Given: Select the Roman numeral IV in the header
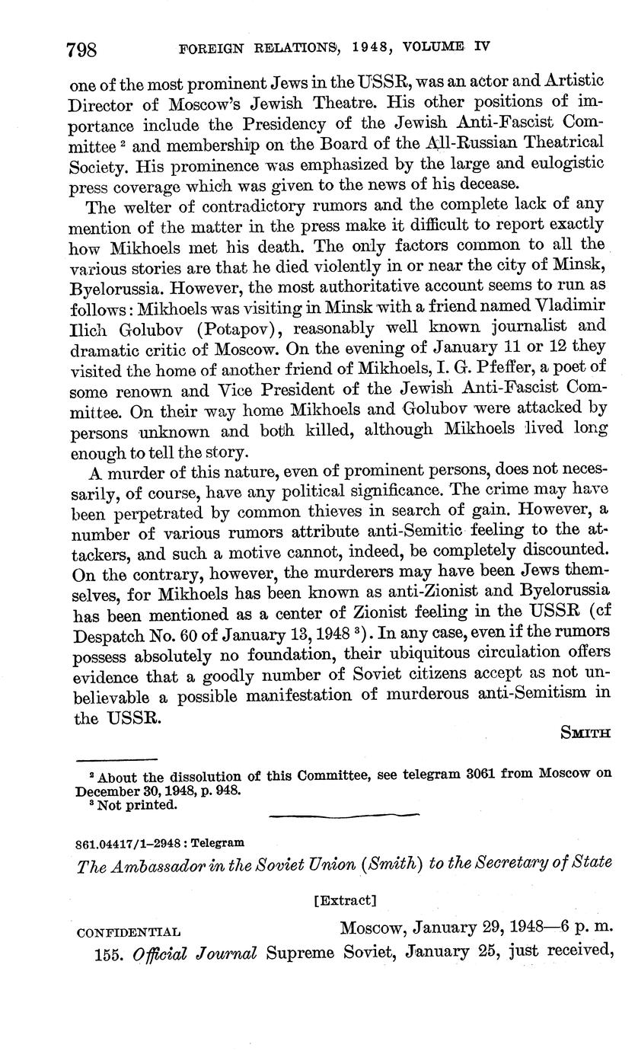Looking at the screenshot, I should pyautogui.click(x=481, y=46).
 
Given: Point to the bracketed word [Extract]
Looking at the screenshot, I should pyautogui.click(x=345, y=899).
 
